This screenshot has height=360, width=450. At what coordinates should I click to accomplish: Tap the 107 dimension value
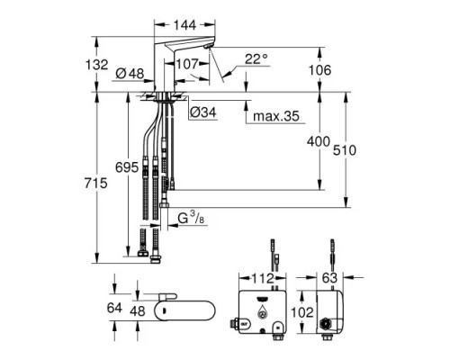point(187,65)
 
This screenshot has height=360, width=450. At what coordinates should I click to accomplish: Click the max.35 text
point(276,116)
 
